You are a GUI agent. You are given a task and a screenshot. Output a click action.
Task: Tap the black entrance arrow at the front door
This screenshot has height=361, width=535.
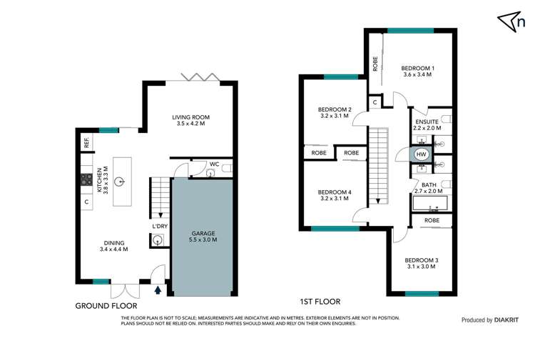(x=158, y=290)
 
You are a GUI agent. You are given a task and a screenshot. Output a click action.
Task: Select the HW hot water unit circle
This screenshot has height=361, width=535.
(x=421, y=154)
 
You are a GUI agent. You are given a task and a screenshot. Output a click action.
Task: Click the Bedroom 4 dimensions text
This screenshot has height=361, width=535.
(x=334, y=198)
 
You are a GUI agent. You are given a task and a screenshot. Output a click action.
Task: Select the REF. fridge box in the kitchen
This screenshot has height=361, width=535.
(x=86, y=143)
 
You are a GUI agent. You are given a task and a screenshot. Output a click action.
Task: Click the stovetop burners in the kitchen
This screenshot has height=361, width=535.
(x=86, y=179)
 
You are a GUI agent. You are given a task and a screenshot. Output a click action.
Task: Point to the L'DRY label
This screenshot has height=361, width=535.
(x=160, y=227)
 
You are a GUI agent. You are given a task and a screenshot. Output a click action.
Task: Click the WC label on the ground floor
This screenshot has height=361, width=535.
(x=193, y=164)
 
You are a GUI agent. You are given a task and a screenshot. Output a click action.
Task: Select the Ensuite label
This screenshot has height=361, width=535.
(x=427, y=122)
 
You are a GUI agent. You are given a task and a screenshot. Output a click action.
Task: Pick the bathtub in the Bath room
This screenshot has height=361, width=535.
(x=430, y=203)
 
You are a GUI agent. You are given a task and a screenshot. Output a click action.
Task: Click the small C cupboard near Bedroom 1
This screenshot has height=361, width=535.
(x=375, y=103)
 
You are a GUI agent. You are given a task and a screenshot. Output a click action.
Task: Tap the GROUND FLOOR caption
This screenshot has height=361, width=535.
(x=106, y=306)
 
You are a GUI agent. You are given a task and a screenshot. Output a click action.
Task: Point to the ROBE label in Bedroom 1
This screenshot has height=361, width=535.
(x=375, y=64)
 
